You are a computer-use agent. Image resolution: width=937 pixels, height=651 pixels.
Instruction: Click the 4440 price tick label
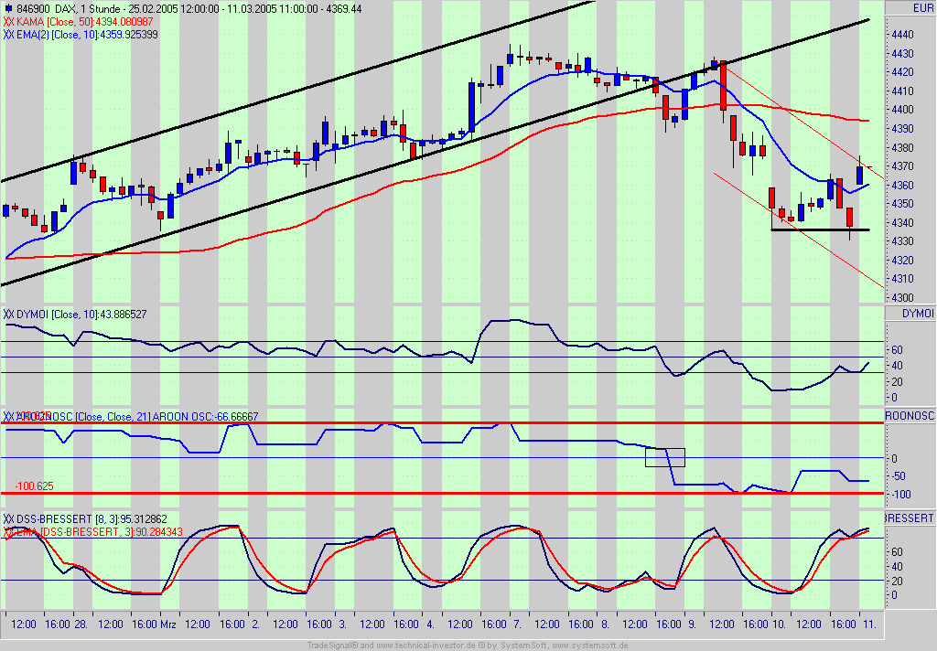pos(902,34)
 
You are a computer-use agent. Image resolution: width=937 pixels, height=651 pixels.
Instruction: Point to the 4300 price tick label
pos(902,297)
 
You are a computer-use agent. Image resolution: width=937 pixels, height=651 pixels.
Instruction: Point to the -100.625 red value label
pos(34,486)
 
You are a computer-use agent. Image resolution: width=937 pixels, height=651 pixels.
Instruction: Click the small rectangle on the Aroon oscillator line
pos(665,457)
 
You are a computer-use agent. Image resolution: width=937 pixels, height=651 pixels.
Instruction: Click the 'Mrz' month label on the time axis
pos(168,624)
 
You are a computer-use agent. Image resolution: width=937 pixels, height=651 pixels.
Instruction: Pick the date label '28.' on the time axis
pos(81,624)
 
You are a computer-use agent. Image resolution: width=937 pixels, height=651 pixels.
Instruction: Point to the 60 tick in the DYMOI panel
pos(897,349)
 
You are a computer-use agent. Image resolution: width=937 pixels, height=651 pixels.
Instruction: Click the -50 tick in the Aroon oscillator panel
pos(899,476)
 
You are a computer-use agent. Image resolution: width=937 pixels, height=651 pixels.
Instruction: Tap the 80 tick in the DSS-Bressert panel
pos(897,552)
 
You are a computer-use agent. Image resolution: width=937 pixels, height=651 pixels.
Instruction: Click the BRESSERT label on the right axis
pos(910,518)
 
